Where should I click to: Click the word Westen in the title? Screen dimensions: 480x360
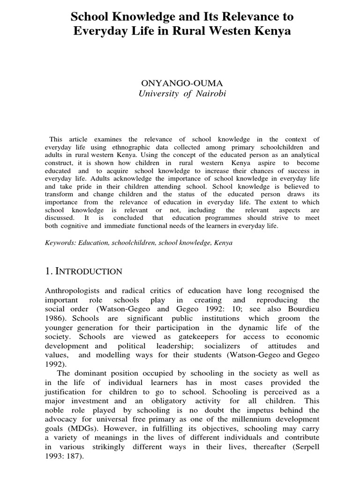pos(230,32)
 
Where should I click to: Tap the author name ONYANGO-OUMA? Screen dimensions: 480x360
pos(180,83)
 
